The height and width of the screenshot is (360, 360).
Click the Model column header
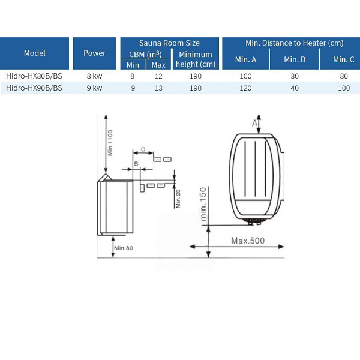coord(34,53)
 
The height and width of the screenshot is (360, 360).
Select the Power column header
coord(95,53)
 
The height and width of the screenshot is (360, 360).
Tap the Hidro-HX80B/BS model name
coord(34,76)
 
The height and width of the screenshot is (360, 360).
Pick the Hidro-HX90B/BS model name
coord(34,88)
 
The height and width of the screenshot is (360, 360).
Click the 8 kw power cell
coord(94,76)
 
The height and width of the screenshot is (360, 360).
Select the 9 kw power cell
coord(94,88)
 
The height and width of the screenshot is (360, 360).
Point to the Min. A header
coord(245,59)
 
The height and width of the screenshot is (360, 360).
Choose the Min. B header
coord(295,59)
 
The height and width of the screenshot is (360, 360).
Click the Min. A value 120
coord(245,88)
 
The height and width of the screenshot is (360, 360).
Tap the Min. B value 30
coord(295,76)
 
